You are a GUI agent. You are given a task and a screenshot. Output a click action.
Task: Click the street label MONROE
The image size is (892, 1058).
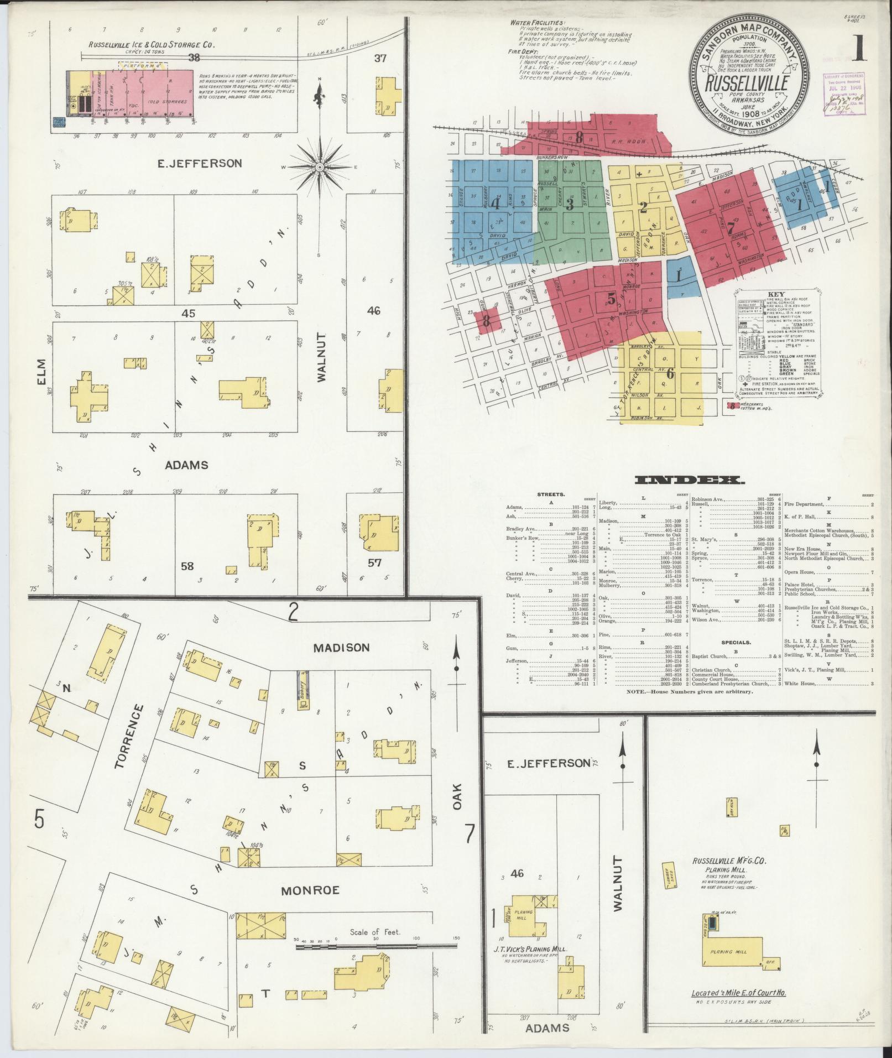(309, 890)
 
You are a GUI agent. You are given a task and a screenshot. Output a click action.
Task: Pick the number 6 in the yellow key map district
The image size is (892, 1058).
(670, 374)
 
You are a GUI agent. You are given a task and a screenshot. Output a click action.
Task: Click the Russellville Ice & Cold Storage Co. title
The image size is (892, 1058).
(151, 45)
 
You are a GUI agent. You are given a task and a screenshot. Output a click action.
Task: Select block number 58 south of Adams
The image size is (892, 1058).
(187, 566)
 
